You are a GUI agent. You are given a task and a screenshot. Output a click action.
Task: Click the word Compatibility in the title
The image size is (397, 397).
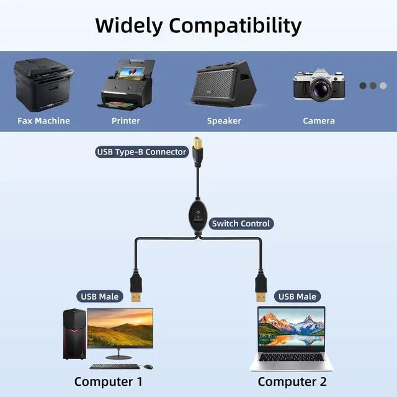pos(236,26)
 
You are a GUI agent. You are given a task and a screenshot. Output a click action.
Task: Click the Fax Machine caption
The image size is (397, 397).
pos(43,121)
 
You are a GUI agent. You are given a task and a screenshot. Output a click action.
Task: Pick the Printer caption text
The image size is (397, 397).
pos(126,121)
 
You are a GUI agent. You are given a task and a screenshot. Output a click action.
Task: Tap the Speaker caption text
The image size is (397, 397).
pos(224,121)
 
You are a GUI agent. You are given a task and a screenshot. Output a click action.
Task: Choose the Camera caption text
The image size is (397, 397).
pos(319,121)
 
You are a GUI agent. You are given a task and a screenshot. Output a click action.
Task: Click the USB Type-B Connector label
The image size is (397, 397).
pos(141,151)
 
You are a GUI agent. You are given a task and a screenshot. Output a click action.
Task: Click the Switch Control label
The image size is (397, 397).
pos(241,223)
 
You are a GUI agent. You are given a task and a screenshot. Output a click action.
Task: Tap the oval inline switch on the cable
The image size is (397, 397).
pos(198,219)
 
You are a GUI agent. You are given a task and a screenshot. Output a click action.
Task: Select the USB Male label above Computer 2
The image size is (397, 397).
pos(297,297)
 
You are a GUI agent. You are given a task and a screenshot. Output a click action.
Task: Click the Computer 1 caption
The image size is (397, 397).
pos(109,381)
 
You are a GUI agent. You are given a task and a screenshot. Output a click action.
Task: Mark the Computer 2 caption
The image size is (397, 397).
pos(292,381)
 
